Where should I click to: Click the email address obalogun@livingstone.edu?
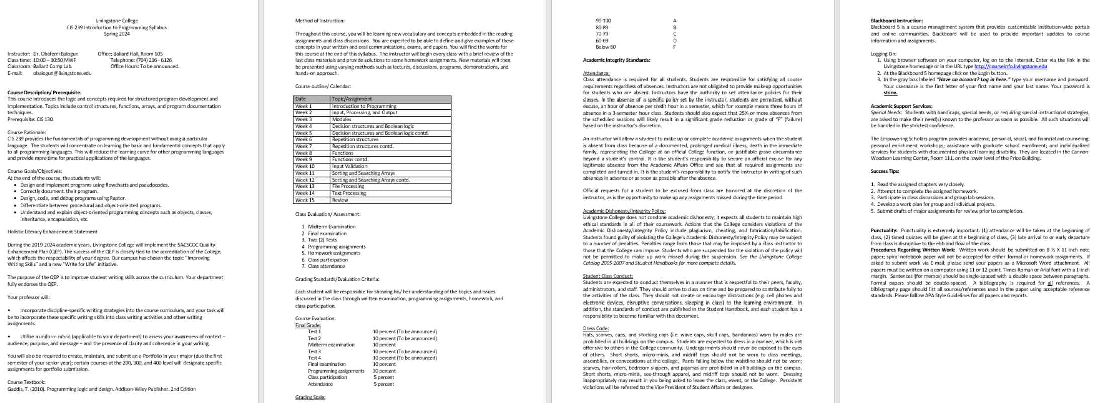coord(62,73)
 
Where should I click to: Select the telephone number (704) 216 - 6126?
coord(154,60)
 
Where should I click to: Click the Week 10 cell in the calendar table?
coord(305,166)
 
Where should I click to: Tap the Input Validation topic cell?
coord(349,166)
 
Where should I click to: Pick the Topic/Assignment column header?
coord(352,99)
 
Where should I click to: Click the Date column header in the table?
coord(301,99)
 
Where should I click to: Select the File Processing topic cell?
coord(348,186)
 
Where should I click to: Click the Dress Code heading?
coord(596,329)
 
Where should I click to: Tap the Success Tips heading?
coord(885,171)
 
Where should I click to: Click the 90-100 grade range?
coord(603,21)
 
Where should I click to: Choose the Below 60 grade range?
coord(605,47)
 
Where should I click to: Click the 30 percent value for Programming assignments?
coord(384,371)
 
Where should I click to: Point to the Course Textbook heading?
coord(26,382)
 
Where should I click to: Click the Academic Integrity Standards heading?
coord(616,60)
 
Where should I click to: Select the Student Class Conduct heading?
coord(608,276)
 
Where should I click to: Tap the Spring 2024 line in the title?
coord(117,34)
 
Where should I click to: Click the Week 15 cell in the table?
coord(305,200)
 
